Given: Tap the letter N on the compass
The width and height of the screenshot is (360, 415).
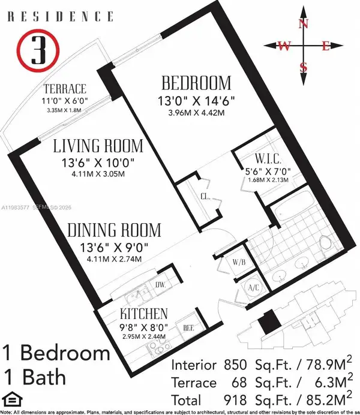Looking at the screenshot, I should pos(304,24).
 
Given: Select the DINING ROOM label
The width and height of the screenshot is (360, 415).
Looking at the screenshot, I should pos(114,230).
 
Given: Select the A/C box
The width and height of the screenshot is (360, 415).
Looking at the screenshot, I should pos(254,288).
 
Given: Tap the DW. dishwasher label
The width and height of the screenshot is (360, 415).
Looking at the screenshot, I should pos(160,285).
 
